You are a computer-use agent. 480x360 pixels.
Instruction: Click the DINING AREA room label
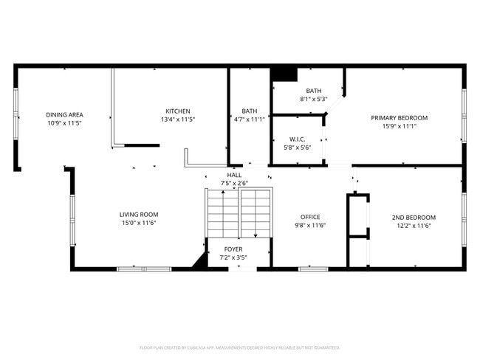coord(64,114)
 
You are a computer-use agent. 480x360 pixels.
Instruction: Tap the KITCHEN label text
coord(177,111)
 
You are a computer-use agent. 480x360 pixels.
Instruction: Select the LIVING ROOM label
coord(139,215)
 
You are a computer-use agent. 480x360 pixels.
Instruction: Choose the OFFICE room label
coord(309,217)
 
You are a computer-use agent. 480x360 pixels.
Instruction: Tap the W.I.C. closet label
coord(298,139)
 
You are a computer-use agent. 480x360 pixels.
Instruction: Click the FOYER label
coord(233,249)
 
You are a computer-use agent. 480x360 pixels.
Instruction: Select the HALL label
coord(234,175)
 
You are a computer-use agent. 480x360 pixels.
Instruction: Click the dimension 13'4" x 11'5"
coord(177,120)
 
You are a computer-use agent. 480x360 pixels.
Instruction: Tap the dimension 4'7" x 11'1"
coord(249,120)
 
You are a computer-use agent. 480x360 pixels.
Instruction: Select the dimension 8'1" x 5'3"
coord(314,99)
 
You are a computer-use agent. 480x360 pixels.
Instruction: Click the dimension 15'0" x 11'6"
coord(139,223)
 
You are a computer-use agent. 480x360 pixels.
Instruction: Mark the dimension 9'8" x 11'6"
coord(309,226)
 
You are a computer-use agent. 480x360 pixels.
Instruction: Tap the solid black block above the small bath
coord(284,74)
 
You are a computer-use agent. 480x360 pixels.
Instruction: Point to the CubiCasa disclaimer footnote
coord(239,347)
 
